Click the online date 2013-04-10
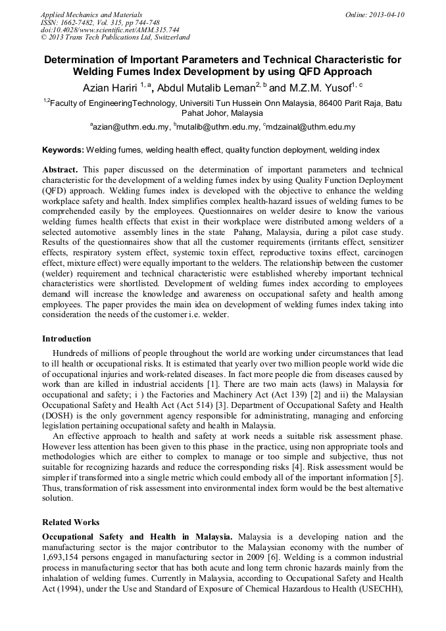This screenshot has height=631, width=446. [x=389, y=14]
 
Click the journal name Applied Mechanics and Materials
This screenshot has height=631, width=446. [x=91, y=14]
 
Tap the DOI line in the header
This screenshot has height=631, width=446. [x=110, y=30]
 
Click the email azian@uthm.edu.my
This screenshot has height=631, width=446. [x=131, y=127]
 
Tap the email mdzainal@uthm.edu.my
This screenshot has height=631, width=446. [x=310, y=127]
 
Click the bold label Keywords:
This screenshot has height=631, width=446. [x=63, y=150]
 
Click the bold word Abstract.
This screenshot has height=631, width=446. [x=60, y=169]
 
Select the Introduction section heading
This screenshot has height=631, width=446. [x=66, y=339]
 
